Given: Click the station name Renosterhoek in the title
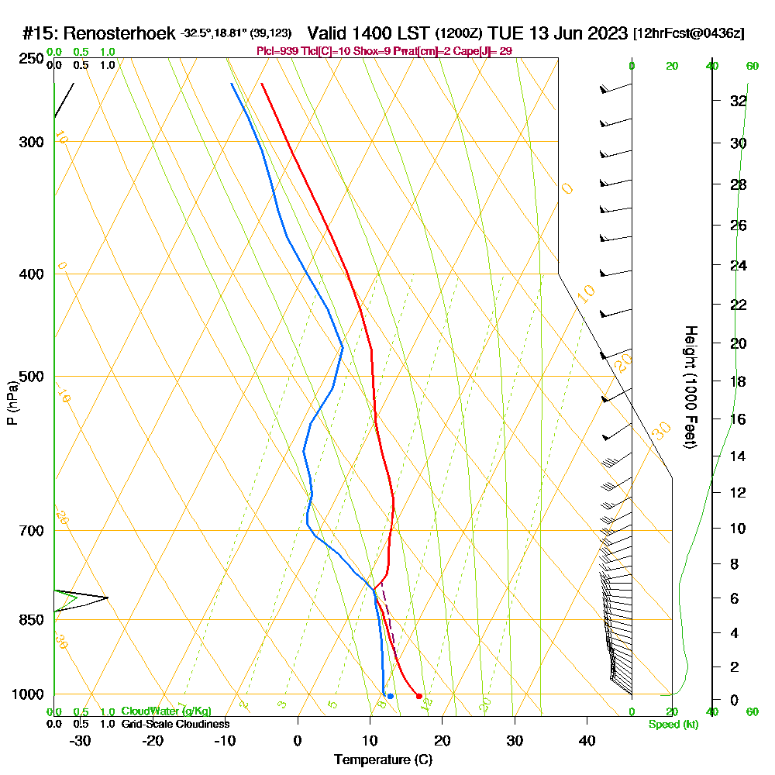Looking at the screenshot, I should click(x=120, y=33).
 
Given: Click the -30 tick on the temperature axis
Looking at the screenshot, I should click(x=81, y=739).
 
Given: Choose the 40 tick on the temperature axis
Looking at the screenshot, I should click(x=587, y=739).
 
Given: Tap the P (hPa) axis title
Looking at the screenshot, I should click(x=12, y=402).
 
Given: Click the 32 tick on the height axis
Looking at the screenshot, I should click(x=738, y=101).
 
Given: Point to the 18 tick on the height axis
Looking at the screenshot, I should click(x=738, y=381).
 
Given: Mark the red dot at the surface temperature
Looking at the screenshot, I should click(x=419, y=696).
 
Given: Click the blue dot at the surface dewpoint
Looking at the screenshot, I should click(x=390, y=696).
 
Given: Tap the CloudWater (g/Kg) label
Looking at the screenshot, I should click(x=166, y=711).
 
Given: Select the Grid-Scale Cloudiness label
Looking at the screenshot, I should click(x=174, y=724).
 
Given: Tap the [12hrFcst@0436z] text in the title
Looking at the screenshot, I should click(x=688, y=34).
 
